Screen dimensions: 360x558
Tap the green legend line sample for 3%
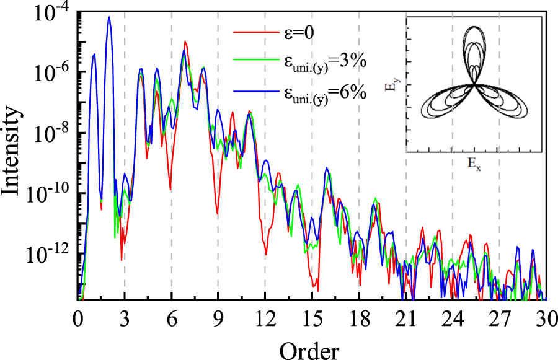coord(252,61)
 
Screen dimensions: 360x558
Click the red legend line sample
coord(252,32)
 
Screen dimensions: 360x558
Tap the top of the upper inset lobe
coord(474,27)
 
